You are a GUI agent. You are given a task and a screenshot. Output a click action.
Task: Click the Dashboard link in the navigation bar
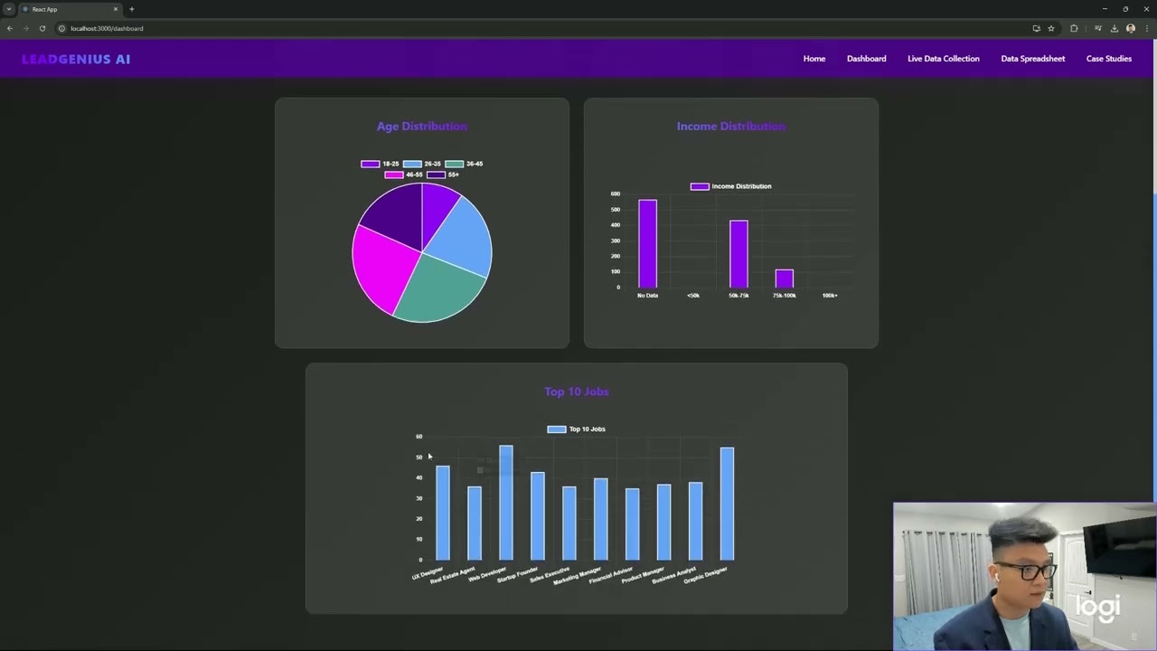pos(866,59)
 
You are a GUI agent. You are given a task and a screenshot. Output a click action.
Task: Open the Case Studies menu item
pos(1108,59)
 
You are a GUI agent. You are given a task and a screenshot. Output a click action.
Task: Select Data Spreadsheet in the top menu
pos(1032,59)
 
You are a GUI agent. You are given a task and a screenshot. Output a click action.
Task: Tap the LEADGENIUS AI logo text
pos(76,59)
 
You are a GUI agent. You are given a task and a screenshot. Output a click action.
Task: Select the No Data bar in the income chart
pos(647,244)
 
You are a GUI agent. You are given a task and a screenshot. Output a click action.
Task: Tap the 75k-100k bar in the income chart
pos(784,278)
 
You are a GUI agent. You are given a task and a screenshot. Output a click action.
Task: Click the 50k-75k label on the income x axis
pos(738,296)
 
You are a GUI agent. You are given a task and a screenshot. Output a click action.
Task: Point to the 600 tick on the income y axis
pos(616,193)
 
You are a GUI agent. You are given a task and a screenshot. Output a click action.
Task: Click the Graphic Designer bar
pos(727,503)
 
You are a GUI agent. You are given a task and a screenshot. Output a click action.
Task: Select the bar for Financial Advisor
pos(632,524)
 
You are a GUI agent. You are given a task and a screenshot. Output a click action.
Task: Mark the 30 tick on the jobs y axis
pos(419,498)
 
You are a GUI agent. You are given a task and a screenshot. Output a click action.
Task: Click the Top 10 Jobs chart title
pos(577,392)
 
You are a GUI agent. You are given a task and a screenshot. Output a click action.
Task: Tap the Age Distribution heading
pos(422,127)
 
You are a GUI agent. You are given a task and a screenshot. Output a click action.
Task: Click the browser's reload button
pos(42,28)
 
